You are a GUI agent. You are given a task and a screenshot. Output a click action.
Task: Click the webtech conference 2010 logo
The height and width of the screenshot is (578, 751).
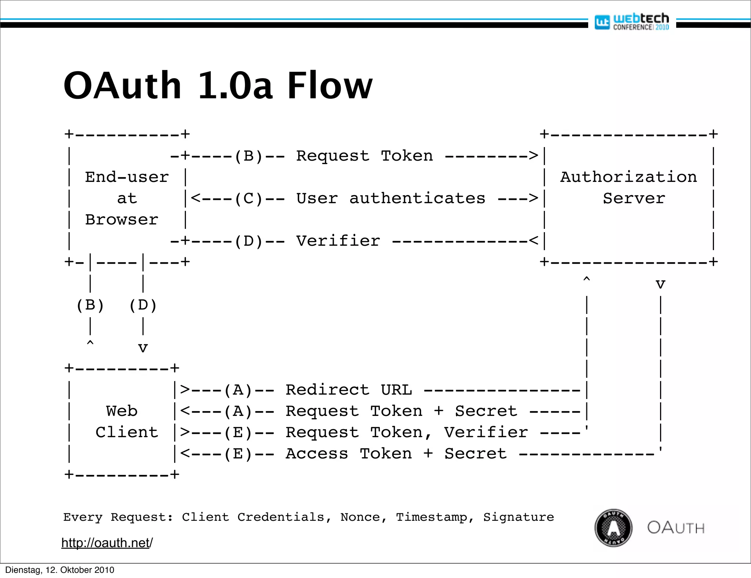(632, 22)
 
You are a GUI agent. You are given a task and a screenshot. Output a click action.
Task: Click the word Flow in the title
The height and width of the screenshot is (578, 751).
(329, 86)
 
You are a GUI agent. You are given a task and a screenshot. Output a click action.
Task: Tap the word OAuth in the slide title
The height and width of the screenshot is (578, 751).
(122, 86)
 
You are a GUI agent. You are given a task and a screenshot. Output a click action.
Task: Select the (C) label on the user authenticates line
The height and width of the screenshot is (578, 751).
(249, 199)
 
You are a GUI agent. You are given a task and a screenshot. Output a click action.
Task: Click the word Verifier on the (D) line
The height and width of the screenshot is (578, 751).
(338, 241)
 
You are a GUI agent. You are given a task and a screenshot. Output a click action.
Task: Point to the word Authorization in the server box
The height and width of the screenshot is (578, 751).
(629, 177)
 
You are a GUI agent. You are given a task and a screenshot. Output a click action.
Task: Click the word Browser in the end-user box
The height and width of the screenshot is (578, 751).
(122, 220)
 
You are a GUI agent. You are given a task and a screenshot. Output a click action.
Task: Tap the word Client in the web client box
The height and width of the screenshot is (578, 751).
(127, 432)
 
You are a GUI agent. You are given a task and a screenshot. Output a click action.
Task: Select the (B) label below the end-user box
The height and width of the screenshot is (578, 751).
(90, 305)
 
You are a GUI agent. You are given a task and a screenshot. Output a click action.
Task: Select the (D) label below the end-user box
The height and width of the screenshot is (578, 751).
(143, 305)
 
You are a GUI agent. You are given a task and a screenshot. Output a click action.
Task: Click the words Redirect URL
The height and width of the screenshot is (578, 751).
(349, 390)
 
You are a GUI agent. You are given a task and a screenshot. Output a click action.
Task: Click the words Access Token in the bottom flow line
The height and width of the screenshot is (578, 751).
(349, 454)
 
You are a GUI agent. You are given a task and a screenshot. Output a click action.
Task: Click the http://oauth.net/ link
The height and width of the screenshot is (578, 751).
(107, 543)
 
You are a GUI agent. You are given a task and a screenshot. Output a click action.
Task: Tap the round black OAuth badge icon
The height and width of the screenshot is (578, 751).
(613, 528)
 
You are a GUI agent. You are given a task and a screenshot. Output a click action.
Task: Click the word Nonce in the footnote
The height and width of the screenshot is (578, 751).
(360, 517)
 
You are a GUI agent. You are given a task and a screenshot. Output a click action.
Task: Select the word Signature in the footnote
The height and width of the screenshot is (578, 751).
(519, 517)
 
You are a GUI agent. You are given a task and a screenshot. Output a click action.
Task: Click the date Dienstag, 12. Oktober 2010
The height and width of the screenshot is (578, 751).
(60, 570)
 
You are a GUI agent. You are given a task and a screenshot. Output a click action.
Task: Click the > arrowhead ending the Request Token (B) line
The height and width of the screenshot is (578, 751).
(534, 156)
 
